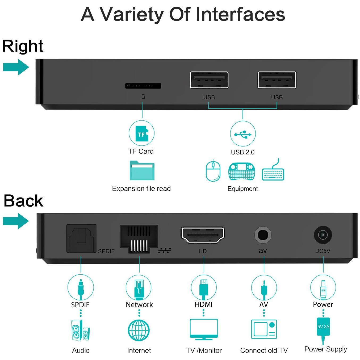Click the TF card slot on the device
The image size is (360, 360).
(x=143, y=86)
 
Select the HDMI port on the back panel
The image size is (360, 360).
(x=203, y=235)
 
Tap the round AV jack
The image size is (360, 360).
(x=263, y=235)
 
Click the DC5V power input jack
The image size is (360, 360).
(x=323, y=235)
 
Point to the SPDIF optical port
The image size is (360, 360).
(x=81, y=238)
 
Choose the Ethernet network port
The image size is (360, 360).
(x=139, y=239)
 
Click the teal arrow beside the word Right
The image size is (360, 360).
(x=16, y=67)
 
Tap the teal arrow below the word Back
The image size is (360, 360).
(x=16, y=221)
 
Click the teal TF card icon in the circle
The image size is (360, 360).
(x=142, y=133)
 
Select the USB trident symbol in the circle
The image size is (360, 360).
(x=243, y=134)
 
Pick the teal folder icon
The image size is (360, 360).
(x=142, y=170)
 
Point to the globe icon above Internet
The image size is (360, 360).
(x=139, y=330)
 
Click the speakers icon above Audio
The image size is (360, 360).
(x=80, y=330)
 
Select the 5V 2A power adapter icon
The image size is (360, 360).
(x=323, y=330)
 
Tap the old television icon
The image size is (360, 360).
(x=264, y=329)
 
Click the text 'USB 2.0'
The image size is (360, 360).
(x=242, y=152)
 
